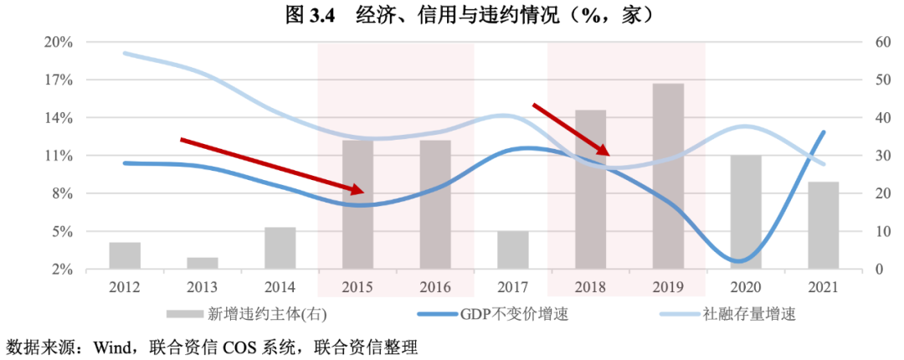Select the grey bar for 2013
point(203,263)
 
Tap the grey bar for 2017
point(513,249)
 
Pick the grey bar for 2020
point(746,212)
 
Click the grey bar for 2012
point(125,255)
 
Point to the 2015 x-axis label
point(358,287)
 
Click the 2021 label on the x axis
point(824,287)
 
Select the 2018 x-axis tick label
point(591,287)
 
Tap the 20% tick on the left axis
point(64,42)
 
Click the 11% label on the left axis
point(64,156)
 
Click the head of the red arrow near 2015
point(361,192)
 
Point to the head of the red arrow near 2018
point(608,153)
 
